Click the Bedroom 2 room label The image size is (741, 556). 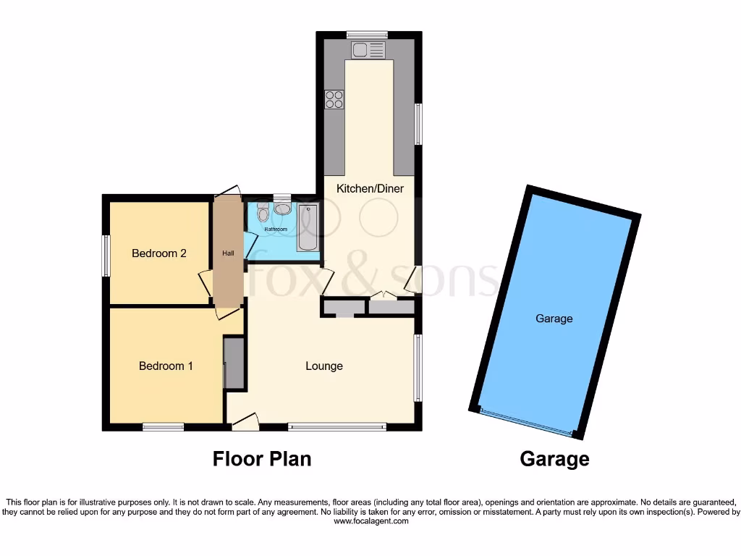pos(159,253)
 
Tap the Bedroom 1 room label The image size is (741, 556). pos(166,366)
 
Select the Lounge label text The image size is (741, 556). pos(323,366)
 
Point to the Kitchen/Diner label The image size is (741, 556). pos(370,188)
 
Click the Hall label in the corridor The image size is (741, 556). pos(228,253)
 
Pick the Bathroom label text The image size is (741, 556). pos(275,229)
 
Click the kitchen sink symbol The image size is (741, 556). pos(369,50)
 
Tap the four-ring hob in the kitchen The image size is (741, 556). pos(334,99)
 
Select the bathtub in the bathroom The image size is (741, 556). pos(308,227)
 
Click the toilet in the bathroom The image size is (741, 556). pos(263,212)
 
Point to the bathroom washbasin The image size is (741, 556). pos(282,209)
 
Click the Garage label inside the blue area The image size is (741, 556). pos(554,319)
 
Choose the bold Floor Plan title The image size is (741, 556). pos(262,459)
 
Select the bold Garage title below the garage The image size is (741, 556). pos(554,459)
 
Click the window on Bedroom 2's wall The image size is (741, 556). pos(106,256)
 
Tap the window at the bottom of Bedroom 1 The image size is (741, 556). pos(163,427)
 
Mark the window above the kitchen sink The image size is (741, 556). pos(366,34)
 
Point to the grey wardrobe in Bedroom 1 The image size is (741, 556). pos(234,363)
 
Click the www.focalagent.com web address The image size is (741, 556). pos(370,521)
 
